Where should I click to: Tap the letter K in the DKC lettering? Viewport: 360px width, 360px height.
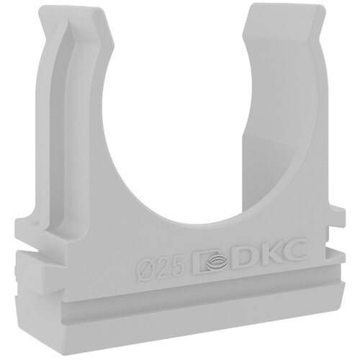[269, 254]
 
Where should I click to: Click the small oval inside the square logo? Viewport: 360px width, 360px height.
[212, 261]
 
